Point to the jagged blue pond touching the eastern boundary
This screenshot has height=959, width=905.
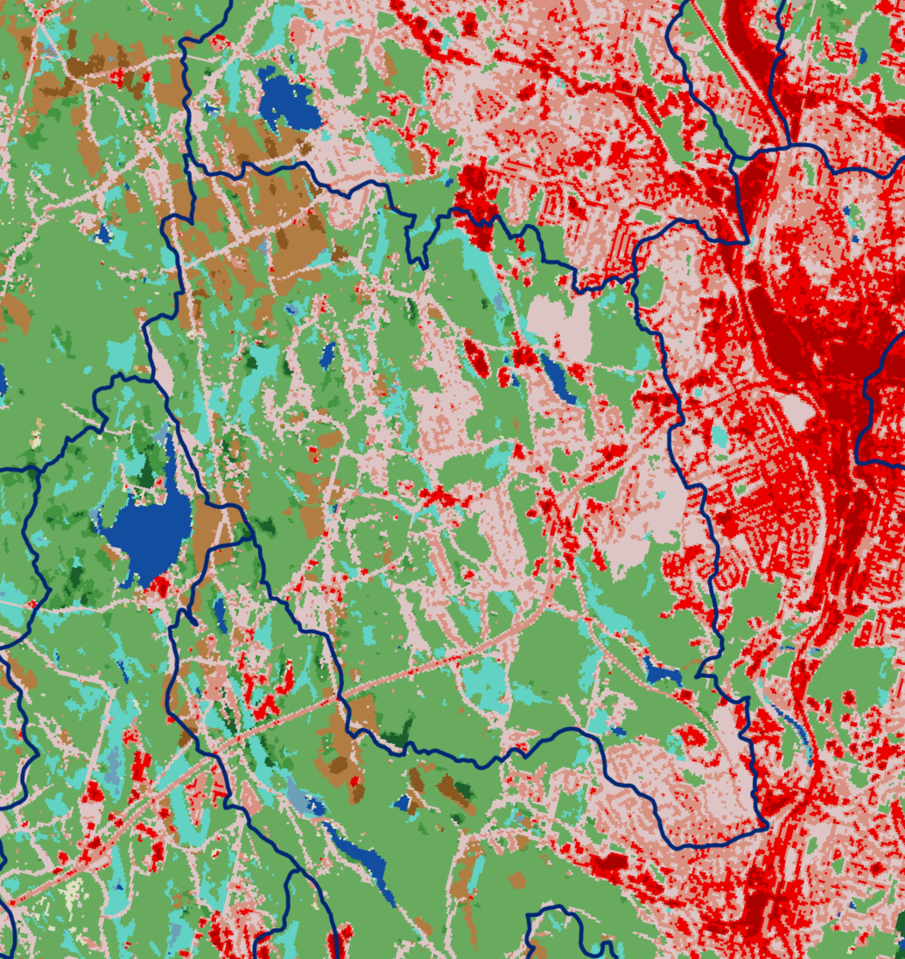[663, 674]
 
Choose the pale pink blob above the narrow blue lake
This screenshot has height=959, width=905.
[560, 324]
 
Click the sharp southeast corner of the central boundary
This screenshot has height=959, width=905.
[765, 824]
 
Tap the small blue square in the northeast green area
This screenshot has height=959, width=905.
[863, 54]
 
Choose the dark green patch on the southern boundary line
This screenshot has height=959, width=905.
[401, 733]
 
